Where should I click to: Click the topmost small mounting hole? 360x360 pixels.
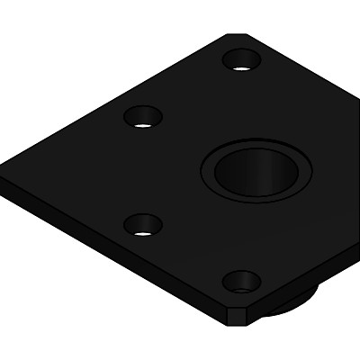point(241,60)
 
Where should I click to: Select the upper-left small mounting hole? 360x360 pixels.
point(144,117)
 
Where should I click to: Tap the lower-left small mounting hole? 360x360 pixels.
point(143,224)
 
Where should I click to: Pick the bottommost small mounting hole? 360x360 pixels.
point(241,283)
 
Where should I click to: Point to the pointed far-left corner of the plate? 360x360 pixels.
point(4,171)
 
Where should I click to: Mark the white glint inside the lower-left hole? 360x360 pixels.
point(144,231)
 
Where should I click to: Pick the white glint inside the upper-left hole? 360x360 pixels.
point(144,123)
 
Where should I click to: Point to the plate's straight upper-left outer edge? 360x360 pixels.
point(117,90)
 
